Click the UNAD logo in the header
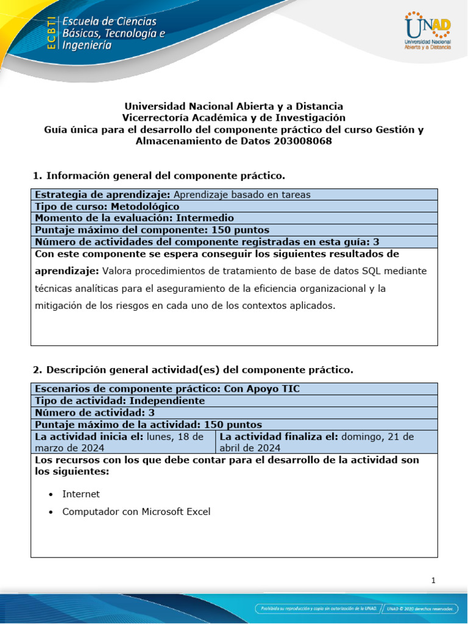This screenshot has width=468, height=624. point(428,30)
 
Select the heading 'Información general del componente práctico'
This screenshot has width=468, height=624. point(165,175)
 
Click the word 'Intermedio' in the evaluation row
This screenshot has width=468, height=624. point(205,218)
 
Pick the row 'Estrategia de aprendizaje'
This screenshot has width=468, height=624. point(172,195)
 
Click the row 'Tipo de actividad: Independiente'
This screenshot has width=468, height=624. point(119,401)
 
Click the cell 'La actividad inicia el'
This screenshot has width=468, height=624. point(122,442)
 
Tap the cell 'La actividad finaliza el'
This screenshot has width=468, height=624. point(326,442)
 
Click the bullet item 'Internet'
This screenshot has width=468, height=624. point(81,494)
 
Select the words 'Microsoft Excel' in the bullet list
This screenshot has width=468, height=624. point(176,512)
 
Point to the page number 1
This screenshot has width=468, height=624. point(433,581)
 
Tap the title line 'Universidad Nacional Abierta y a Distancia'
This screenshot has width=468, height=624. point(234,106)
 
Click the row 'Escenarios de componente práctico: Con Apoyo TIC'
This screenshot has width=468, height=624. point(168,389)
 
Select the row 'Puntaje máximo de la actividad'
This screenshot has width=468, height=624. point(148,424)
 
